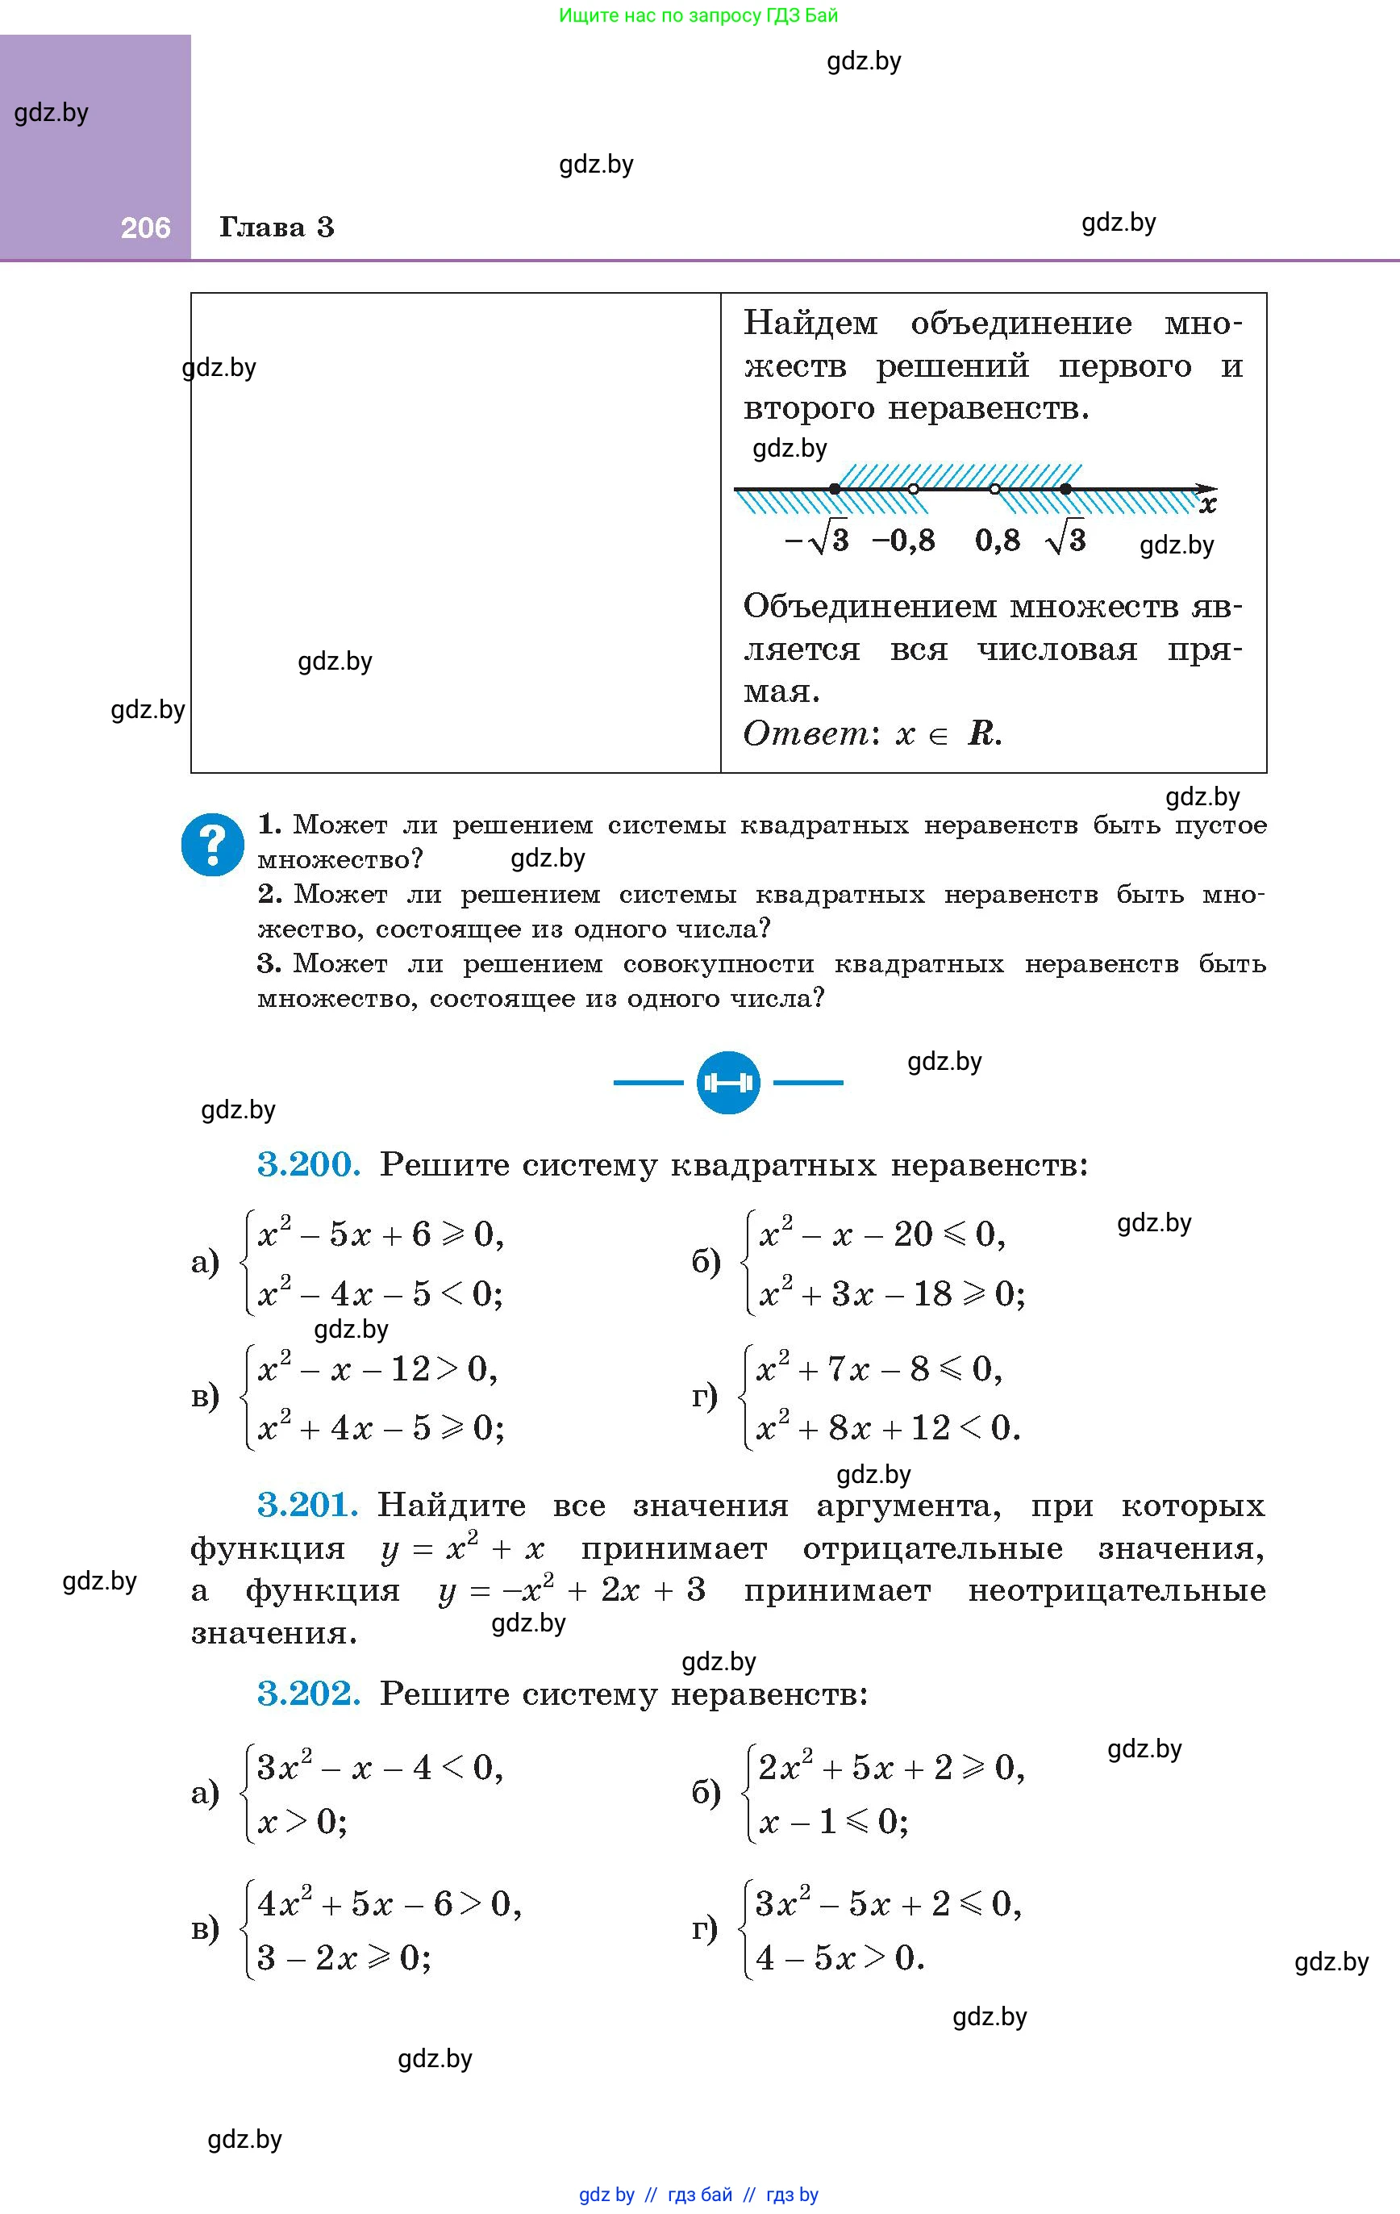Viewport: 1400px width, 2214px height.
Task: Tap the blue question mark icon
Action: pos(212,843)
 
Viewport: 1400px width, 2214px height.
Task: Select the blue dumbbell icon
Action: pos(728,1082)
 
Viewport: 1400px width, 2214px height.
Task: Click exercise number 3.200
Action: pos(308,1165)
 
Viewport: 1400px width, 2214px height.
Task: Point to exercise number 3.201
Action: pos(307,1505)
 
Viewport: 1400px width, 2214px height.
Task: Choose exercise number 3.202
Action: pos(308,1693)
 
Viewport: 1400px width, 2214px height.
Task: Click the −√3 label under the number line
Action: pos(816,540)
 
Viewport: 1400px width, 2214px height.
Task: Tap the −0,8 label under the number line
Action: pos(902,540)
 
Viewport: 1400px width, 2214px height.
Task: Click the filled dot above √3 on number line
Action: pos(1065,489)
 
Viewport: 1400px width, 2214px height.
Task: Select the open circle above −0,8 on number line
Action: pos(913,489)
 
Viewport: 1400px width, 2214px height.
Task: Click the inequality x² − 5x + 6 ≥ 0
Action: pos(381,1234)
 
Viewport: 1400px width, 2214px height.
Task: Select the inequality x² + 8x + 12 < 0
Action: pos(887,1428)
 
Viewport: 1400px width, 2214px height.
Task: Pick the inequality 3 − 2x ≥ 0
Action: pos(344,1957)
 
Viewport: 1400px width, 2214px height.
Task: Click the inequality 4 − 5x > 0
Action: pos(840,1957)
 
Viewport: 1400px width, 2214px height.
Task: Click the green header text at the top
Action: pos(698,15)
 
